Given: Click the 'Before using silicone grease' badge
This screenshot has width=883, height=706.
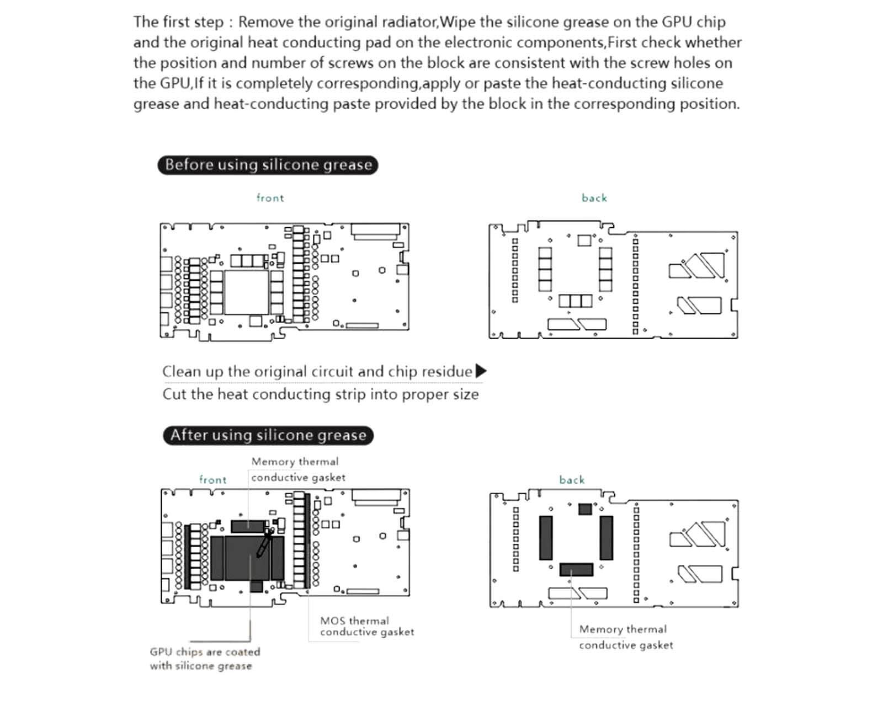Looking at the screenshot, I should (x=268, y=165).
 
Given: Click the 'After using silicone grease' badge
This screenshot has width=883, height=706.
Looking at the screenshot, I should (x=268, y=435).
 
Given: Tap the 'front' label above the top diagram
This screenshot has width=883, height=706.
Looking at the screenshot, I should (x=270, y=198).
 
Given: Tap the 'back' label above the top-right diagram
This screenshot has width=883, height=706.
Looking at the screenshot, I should (x=594, y=198).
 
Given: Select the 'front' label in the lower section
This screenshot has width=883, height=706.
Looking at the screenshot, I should (x=213, y=480).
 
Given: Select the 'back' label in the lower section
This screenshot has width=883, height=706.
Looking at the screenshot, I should (x=572, y=480).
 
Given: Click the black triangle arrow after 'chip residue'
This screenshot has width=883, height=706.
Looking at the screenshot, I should (x=481, y=371).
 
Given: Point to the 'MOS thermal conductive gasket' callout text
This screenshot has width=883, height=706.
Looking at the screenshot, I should (x=366, y=627).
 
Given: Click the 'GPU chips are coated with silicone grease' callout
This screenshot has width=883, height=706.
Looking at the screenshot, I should (x=205, y=659).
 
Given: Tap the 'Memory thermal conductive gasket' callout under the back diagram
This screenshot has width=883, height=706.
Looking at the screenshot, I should (x=625, y=637).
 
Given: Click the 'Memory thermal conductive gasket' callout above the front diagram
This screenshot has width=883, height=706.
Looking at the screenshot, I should (x=297, y=469).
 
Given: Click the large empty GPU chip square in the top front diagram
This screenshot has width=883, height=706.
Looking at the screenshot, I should (x=246, y=292).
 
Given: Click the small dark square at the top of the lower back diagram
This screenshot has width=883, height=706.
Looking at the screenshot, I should (x=585, y=509).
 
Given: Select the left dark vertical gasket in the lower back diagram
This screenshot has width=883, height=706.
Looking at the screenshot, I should (x=546, y=538).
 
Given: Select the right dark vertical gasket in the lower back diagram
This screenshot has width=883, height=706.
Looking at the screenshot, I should (x=607, y=538).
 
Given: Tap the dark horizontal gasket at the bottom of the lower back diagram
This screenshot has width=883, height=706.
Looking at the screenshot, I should (x=576, y=569).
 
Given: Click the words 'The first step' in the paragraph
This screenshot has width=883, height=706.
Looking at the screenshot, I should (x=178, y=22).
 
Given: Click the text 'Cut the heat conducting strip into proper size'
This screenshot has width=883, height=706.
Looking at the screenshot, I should (x=320, y=394).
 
